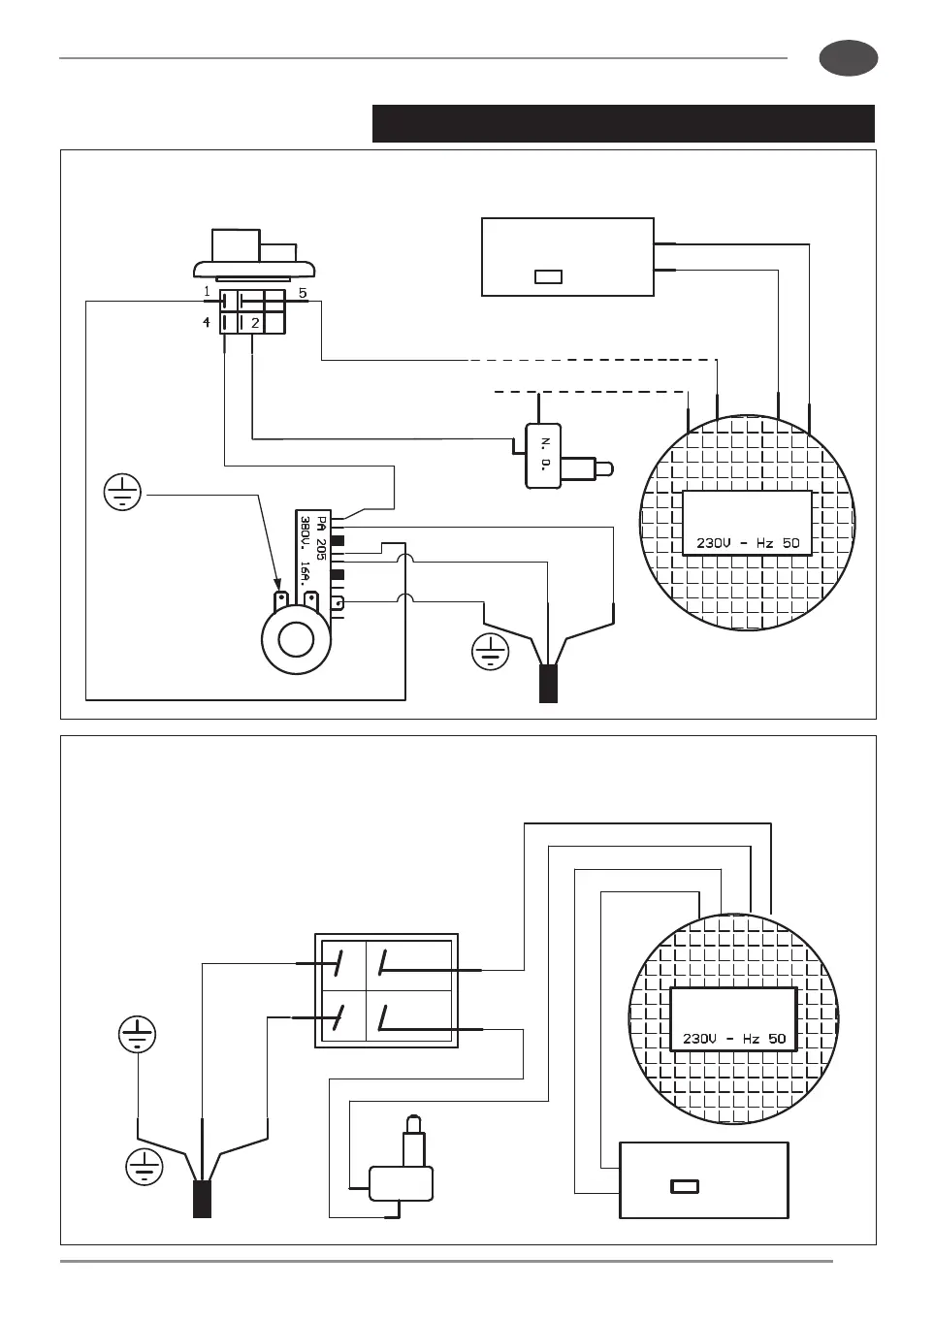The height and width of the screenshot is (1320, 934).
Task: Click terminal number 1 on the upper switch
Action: tap(207, 291)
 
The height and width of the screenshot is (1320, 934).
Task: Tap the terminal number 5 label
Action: tap(303, 292)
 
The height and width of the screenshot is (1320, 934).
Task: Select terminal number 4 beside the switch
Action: tap(207, 322)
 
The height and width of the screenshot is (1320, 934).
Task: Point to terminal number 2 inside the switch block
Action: tap(255, 323)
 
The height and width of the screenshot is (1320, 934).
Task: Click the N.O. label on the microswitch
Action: tap(544, 454)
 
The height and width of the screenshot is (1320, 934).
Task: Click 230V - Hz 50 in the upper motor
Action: tap(748, 543)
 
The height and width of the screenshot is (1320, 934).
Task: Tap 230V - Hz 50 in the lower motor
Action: tap(734, 1039)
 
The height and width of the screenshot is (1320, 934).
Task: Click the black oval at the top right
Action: tap(849, 58)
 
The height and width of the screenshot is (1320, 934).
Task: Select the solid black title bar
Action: tap(623, 124)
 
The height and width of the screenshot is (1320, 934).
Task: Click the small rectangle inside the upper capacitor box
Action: tap(548, 277)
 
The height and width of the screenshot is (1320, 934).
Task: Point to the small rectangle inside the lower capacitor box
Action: tap(685, 1186)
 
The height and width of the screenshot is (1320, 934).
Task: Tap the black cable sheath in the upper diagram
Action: tap(548, 683)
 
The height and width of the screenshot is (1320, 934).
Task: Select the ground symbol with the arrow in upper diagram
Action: tap(122, 493)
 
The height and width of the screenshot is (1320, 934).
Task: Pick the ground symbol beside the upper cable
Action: tap(491, 652)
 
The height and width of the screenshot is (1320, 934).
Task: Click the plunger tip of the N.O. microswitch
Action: tap(604, 470)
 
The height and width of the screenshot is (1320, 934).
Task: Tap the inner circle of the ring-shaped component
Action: tap(296, 640)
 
